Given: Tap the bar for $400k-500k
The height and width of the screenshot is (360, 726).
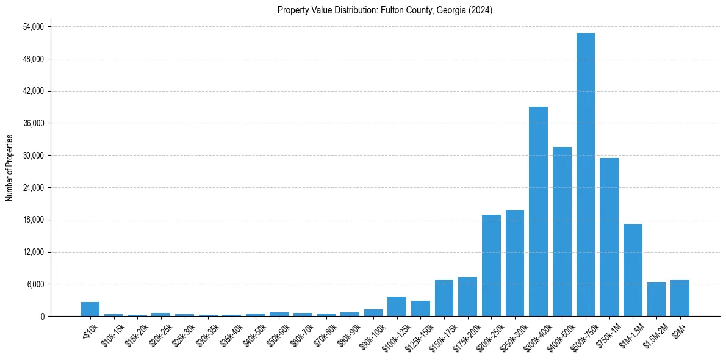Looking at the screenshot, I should [x=562, y=231].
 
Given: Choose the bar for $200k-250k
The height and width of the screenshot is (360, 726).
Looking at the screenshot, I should [x=491, y=265].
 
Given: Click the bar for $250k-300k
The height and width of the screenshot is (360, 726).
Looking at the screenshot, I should [x=515, y=263].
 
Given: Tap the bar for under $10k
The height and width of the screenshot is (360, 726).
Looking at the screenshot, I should [x=90, y=309].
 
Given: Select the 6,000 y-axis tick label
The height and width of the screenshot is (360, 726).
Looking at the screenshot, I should [x=35, y=284].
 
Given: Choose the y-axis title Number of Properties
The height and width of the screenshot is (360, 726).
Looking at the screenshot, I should [x=9, y=167].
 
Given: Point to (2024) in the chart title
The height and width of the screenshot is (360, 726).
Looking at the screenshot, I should [x=481, y=10].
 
